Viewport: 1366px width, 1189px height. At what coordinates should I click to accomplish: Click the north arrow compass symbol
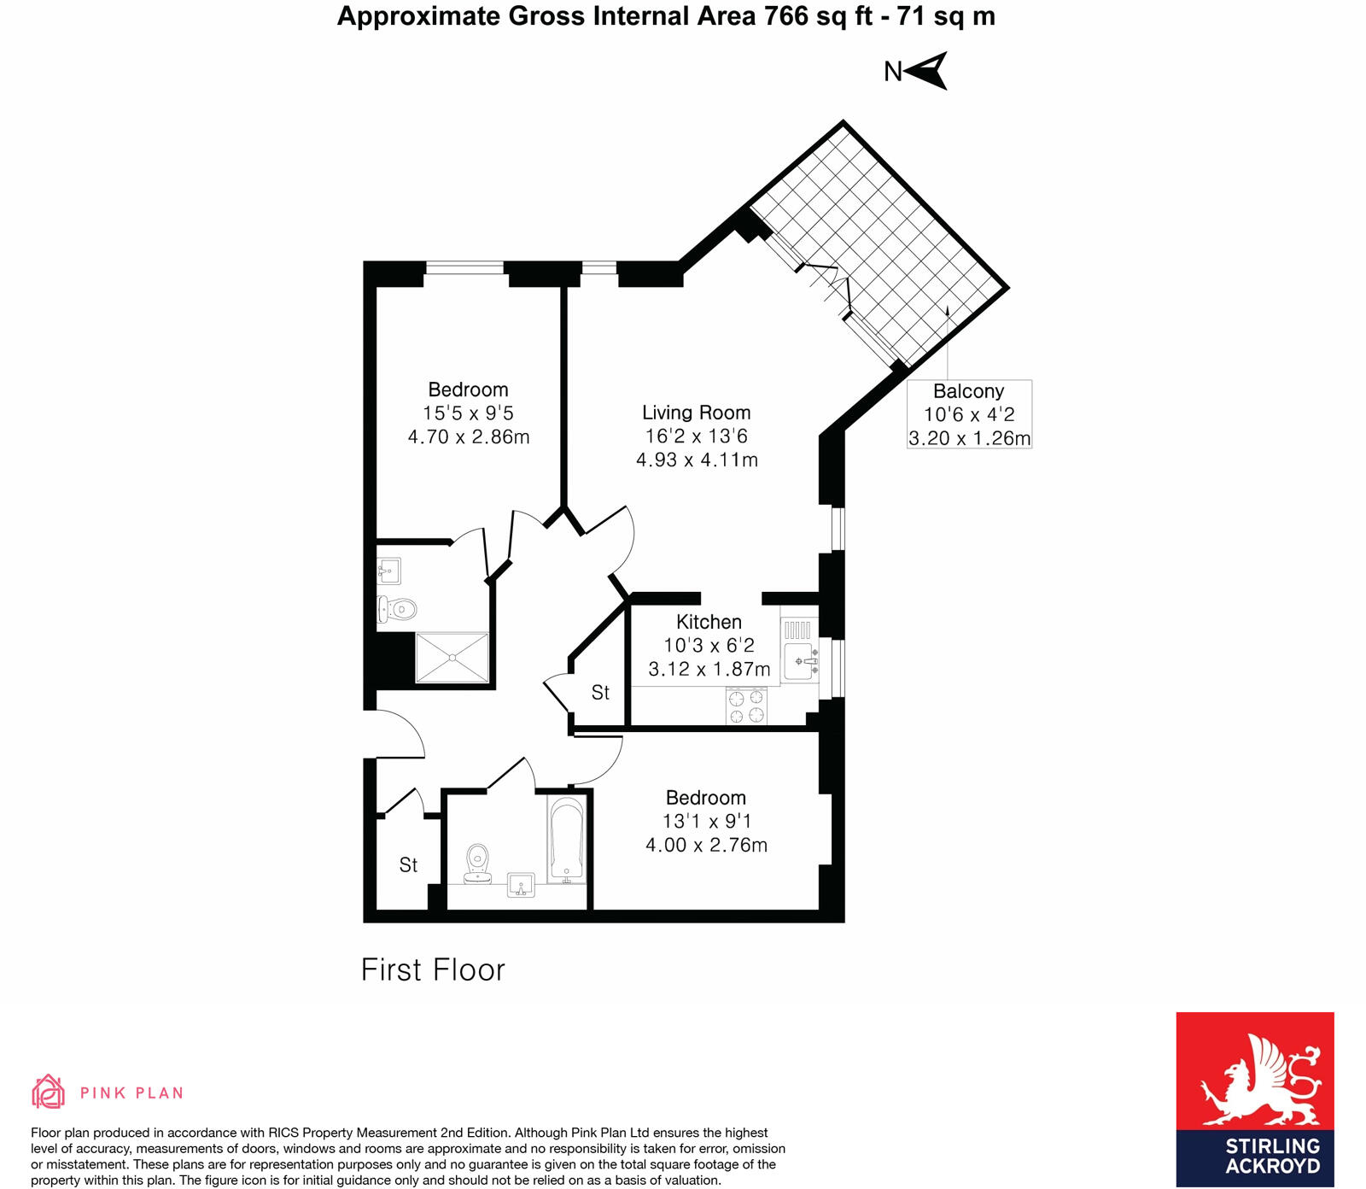(928, 71)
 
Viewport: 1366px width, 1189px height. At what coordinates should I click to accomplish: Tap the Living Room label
(696, 413)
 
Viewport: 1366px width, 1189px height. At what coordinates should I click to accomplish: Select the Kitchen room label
(709, 622)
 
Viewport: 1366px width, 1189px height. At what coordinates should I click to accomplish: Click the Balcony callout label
(968, 391)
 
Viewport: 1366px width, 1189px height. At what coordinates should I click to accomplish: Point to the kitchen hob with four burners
(746, 706)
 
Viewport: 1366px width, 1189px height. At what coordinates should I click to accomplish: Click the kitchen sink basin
(798, 661)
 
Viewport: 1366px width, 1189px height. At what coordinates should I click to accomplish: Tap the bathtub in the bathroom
(566, 838)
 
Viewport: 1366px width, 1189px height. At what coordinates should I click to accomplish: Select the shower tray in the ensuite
(452, 657)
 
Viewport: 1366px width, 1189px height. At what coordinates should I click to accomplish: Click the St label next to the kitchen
(600, 693)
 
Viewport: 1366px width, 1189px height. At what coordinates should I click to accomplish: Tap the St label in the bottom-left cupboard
(408, 865)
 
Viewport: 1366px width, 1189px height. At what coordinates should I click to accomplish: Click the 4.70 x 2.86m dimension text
(468, 437)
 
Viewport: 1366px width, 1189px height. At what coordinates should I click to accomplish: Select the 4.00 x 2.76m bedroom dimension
(706, 845)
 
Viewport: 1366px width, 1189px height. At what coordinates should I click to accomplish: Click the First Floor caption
(433, 969)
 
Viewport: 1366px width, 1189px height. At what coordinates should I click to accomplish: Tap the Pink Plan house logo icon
(49, 1092)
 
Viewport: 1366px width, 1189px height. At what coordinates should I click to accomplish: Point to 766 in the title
(786, 16)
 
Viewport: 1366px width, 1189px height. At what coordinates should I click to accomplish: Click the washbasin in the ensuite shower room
(390, 571)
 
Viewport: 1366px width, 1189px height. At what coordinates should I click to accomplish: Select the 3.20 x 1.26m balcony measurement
(969, 438)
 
